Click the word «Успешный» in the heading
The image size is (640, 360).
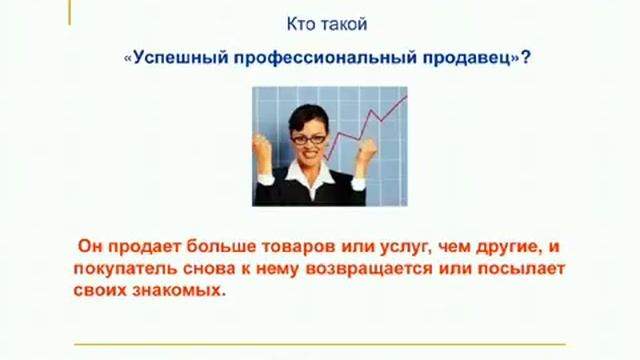[170, 59]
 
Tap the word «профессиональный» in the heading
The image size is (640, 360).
[300, 59]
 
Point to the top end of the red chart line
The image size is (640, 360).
[404, 96]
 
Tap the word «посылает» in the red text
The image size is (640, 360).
[523, 270]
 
